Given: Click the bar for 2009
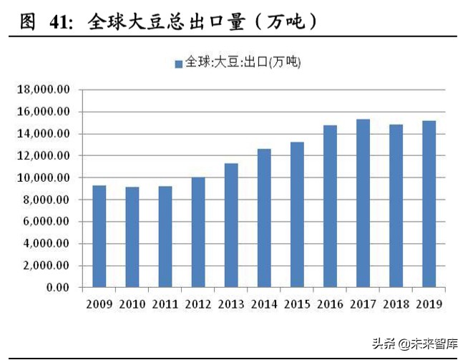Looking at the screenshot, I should [99, 236].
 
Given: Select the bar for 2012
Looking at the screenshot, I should [198, 232].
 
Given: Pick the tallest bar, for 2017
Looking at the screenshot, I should [363, 203].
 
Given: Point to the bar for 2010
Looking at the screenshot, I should [132, 237].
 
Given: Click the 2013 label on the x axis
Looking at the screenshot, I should [231, 304].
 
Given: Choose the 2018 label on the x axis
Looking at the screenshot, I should [396, 304].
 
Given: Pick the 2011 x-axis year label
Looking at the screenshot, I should [165, 304].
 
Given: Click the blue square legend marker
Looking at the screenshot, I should [179, 64].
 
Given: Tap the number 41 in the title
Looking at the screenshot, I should [60, 22].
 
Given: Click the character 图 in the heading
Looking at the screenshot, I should [27, 22].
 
